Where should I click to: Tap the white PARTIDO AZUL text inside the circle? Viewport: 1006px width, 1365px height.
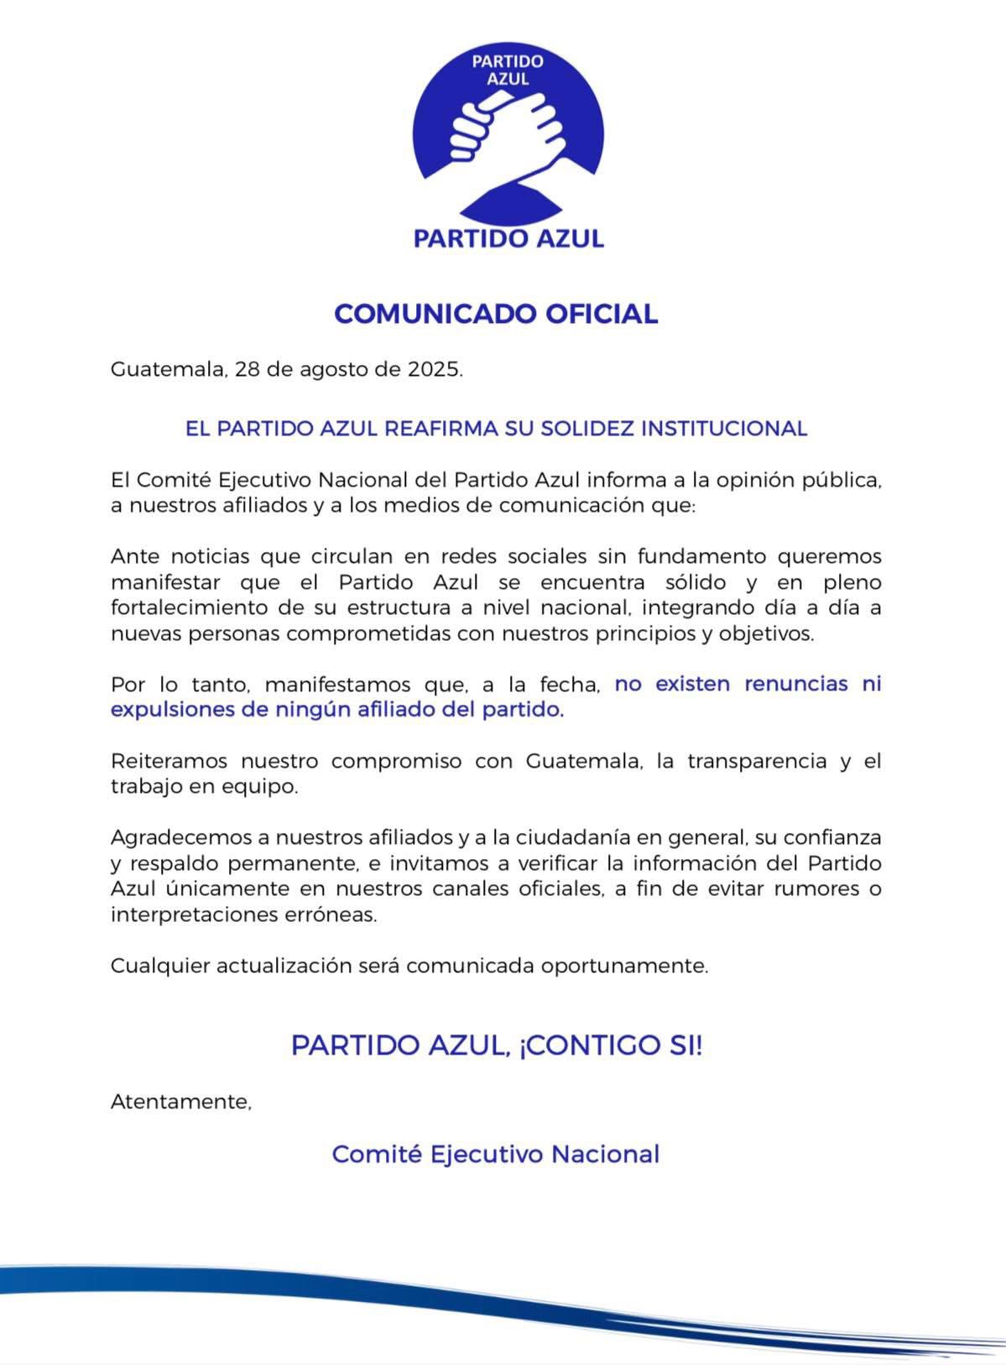pos(508,70)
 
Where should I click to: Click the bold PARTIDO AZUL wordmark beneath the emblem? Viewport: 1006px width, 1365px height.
pos(508,238)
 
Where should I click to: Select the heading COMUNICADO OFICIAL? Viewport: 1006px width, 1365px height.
pos(496,314)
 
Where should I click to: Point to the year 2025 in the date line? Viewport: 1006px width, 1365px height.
pos(434,370)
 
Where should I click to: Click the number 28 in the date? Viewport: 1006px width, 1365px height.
pos(248,370)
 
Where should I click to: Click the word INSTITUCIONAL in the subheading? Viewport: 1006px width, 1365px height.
pos(724,429)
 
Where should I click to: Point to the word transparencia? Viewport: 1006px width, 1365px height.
pos(764,762)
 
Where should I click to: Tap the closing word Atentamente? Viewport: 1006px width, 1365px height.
pos(181,1102)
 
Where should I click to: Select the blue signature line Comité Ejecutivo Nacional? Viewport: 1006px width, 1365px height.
pos(496,1154)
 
